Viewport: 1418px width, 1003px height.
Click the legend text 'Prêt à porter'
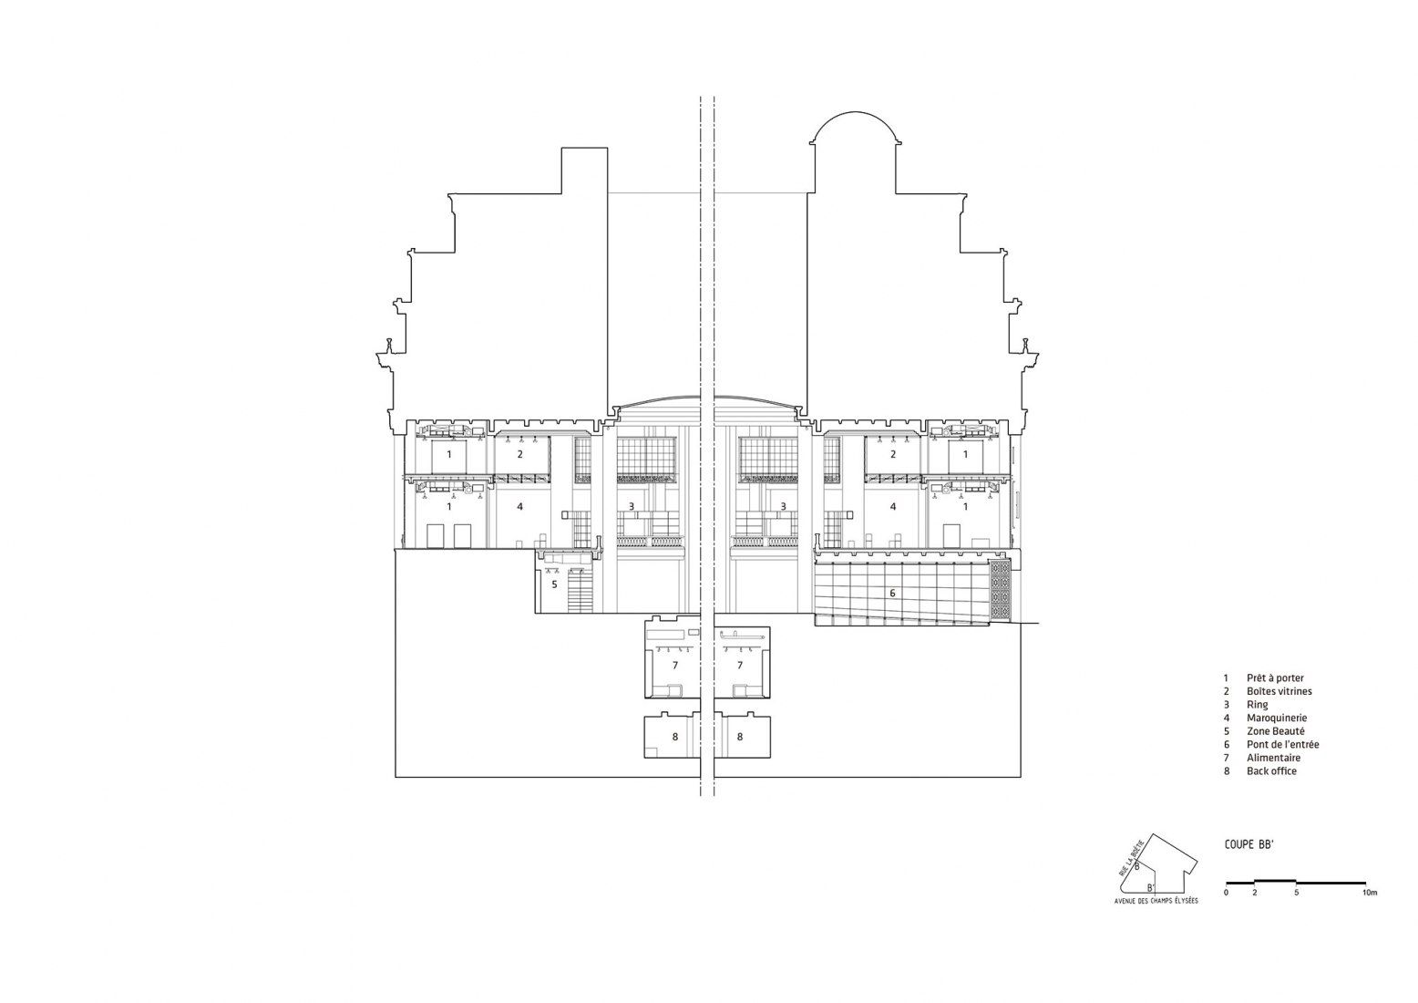point(1275,678)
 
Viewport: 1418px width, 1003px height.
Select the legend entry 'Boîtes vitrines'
point(1279,691)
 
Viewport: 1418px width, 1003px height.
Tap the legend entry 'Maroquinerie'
point(1276,718)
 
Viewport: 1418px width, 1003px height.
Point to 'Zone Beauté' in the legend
point(1276,731)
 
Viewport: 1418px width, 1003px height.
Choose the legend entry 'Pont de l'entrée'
point(1282,744)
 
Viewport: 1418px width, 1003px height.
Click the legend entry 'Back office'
point(1271,771)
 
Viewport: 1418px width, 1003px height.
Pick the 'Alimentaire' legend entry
point(1273,758)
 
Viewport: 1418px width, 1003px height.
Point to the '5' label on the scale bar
point(1296,893)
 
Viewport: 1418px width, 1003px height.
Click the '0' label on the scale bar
point(1226,893)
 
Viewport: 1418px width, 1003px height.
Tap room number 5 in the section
point(554,584)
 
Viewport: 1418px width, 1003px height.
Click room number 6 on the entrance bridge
point(892,594)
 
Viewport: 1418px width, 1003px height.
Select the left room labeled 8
point(674,736)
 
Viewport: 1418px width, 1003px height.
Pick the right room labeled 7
point(740,666)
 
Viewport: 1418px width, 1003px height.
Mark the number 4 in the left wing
point(519,506)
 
